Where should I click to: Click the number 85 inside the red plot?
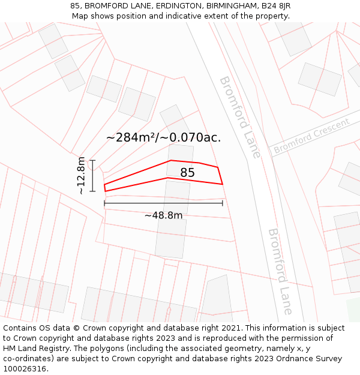tap(187, 173)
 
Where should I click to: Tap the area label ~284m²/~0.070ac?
tap(163, 137)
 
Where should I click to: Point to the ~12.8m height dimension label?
tap(81, 176)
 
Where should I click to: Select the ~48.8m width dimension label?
tap(163, 215)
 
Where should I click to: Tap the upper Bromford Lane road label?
tap(239, 117)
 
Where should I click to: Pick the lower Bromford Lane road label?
tap(280, 271)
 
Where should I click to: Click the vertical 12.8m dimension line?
tap(92, 176)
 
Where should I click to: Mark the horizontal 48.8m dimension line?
tap(163, 203)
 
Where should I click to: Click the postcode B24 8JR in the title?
tap(274, 6)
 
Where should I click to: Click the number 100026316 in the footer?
tap(25, 368)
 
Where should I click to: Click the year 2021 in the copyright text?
tap(230, 328)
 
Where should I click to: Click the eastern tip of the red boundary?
tap(223, 184)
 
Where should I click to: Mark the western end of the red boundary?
tap(105, 188)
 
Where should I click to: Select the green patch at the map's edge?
tap(353, 309)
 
